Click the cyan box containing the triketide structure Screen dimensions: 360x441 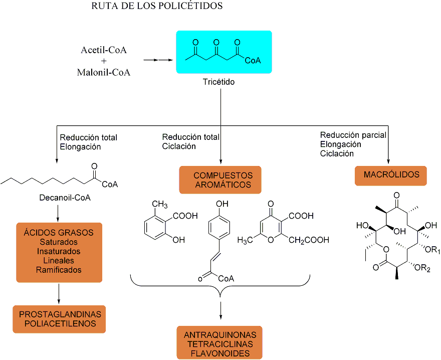pyautogui.click(x=224, y=52)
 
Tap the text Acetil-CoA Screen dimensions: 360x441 pyautogui.click(x=104, y=51)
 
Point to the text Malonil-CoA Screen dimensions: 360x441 pyautogui.click(x=104, y=72)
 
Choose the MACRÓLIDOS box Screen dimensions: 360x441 pyautogui.click(x=390, y=175)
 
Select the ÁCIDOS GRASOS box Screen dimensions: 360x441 pyautogui.click(x=59, y=252)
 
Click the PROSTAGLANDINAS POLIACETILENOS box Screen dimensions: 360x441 pyautogui.click(x=60, y=319)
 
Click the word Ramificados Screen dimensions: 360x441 pyautogui.click(x=59, y=270)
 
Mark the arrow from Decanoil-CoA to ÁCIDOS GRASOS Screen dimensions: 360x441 pyautogui.click(x=59, y=213)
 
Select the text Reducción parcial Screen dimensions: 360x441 pyautogui.click(x=353, y=135)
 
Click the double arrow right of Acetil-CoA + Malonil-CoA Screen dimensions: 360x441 pyautogui.click(x=155, y=60)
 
